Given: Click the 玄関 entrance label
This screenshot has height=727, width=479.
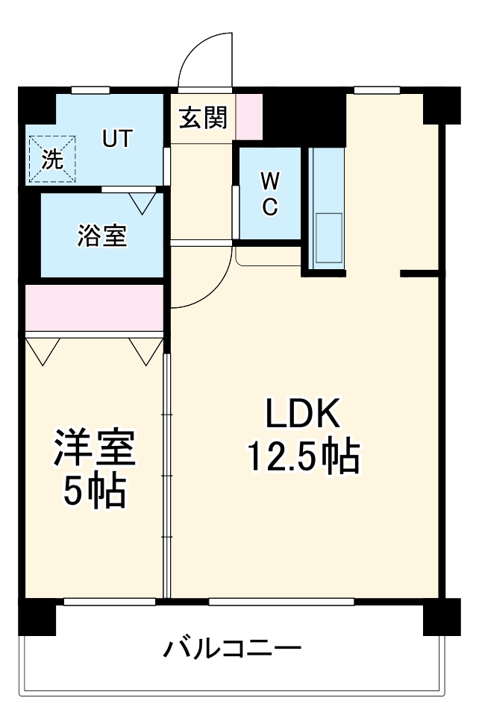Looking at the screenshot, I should click(202, 117).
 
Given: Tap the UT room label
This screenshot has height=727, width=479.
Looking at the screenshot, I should click(117, 139).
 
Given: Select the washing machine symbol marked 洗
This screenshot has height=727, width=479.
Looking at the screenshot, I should click(52, 159).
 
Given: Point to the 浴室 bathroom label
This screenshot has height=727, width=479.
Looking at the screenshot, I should click(102, 236).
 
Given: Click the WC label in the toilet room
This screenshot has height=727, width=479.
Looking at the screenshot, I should click(270, 193).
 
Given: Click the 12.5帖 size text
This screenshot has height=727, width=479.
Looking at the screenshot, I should click(303, 457).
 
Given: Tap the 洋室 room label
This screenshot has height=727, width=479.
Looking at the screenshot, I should click(94, 449).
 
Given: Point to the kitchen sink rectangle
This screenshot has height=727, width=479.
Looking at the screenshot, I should click(329, 238).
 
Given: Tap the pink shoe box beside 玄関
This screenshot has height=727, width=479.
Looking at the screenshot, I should click(249, 116).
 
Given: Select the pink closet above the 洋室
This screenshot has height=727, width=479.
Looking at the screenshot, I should click(94, 306).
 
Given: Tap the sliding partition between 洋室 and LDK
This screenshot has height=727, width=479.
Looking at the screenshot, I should click(167, 477).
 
